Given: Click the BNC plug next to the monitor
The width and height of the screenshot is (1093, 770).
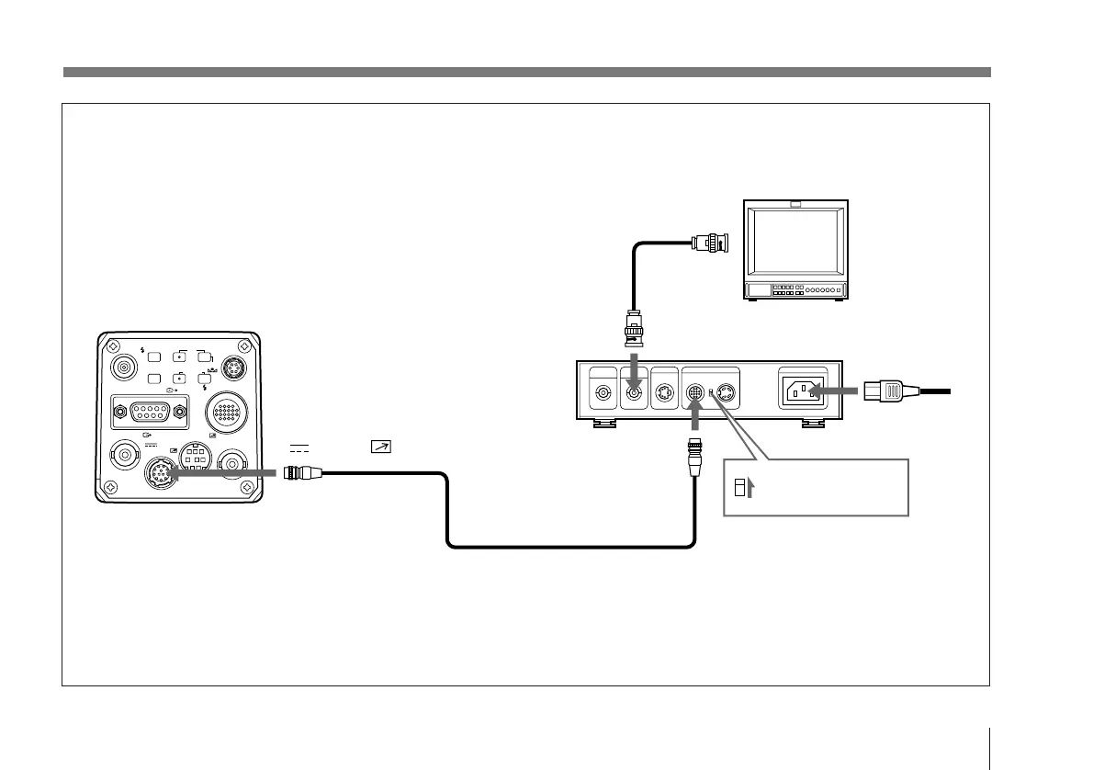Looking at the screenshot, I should (x=714, y=244).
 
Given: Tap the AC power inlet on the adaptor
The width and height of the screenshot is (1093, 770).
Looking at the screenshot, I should (x=802, y=392).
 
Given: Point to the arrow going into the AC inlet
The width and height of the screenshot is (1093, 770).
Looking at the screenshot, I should (x=835, y=392).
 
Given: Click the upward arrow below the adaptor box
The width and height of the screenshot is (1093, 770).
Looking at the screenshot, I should (x=695, y=420).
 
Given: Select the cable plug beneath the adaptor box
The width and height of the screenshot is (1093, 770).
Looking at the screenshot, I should (x=695, y=456).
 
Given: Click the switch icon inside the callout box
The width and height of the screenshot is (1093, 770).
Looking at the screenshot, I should (x=738, y=484).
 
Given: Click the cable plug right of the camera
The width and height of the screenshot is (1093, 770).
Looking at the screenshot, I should (x=302, y=473).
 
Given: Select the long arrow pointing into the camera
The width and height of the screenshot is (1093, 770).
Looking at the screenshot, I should (x=220, y=473).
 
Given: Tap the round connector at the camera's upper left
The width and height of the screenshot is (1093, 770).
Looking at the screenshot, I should (x=121, y=368).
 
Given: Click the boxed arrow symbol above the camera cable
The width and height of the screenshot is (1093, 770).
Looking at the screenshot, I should (x=378, y=447).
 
